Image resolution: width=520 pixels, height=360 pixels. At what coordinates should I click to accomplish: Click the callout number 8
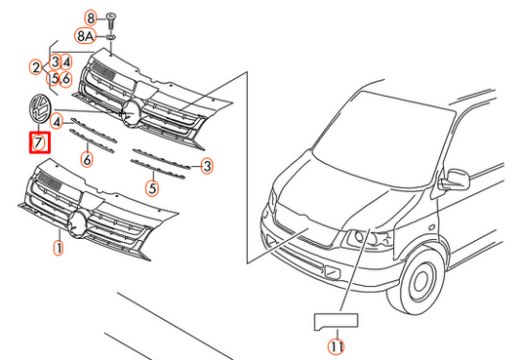coord(91,18)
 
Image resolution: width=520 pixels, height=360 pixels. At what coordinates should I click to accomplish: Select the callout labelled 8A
coord(85,35)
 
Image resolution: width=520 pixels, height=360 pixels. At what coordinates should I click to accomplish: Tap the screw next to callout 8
coord(110,21)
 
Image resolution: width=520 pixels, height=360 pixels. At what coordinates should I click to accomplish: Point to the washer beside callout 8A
coord(110,37)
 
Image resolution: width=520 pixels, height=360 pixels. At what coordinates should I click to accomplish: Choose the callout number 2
coord(36,67)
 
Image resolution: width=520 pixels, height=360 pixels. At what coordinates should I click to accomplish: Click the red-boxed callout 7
coord(39,142)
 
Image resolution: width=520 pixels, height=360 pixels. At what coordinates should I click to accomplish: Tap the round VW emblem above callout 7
coord(39,108)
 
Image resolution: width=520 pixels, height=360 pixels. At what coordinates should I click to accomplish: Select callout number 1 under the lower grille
coord(58,248)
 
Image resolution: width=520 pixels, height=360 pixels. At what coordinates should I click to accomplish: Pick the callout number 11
coord(337,347)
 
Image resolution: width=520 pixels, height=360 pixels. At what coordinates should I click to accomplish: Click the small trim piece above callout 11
coord(336,321)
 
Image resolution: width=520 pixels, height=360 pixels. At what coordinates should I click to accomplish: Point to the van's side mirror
coord(456,180)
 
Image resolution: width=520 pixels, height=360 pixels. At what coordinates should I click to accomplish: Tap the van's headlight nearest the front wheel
coord(369,239)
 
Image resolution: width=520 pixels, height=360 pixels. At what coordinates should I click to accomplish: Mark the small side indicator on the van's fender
coord(431,227)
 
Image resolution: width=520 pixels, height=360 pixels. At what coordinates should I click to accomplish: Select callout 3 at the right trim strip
coord(207,166)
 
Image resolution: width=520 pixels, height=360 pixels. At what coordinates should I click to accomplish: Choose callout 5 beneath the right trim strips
coord(152,188)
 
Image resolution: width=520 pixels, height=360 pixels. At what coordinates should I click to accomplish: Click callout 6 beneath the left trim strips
coord(87,159)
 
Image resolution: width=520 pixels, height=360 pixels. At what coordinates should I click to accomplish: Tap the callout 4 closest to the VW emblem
coord(57,122)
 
